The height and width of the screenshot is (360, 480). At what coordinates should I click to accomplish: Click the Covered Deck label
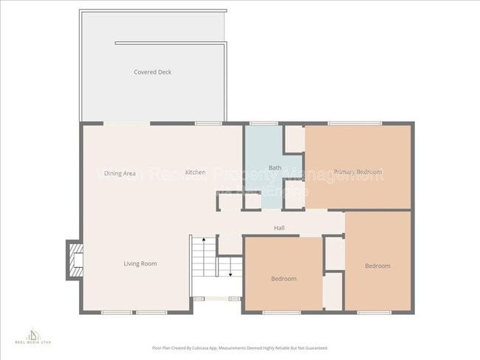[152, 72]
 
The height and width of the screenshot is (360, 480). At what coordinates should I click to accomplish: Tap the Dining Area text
[119, 173]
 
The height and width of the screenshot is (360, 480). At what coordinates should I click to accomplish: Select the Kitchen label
[195, 172]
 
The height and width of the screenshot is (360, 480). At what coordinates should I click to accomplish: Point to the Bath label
[274, 167]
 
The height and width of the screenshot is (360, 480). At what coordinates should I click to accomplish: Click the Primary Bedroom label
[357, 172]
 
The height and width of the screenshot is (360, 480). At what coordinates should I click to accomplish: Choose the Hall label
[279, 228]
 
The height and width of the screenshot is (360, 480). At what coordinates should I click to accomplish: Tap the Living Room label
[140, 263]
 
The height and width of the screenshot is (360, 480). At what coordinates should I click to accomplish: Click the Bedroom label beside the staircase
[284, 278]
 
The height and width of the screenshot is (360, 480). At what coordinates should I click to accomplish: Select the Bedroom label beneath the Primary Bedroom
[377, 266]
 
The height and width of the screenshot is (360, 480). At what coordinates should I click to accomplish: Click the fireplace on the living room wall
[75, 260]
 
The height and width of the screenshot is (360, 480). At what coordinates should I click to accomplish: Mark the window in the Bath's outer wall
[258, 122]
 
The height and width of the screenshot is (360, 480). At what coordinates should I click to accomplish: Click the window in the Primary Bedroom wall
[354, 122]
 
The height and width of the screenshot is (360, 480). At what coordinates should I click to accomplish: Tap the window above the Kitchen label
[209, 122]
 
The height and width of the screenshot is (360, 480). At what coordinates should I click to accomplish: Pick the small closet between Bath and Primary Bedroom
[295, 138]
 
